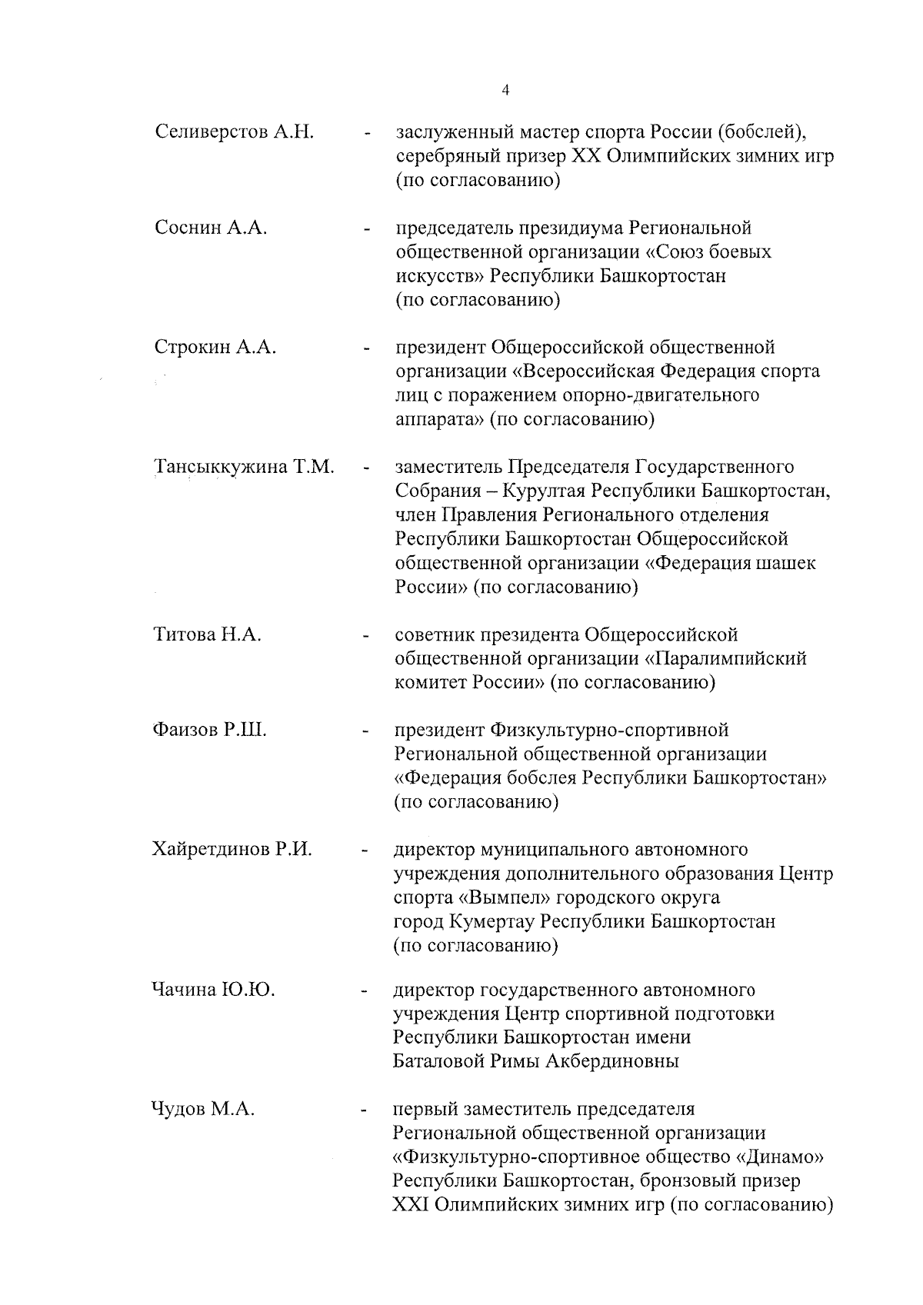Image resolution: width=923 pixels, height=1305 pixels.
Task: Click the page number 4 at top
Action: click(x=505, y=90)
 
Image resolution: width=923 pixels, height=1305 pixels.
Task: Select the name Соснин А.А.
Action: click(x=211, y=228)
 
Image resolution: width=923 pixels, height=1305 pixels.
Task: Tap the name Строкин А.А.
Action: click(x=215, y=348)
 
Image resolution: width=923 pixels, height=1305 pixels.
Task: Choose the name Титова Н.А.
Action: click(x=207, y=635)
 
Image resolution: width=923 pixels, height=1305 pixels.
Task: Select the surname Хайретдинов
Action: click(x=208, y=850)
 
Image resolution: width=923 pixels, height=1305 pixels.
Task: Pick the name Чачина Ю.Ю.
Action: click(x=213, y=990)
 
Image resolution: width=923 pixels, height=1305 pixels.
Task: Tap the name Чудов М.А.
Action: click(x=203, y=1110)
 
